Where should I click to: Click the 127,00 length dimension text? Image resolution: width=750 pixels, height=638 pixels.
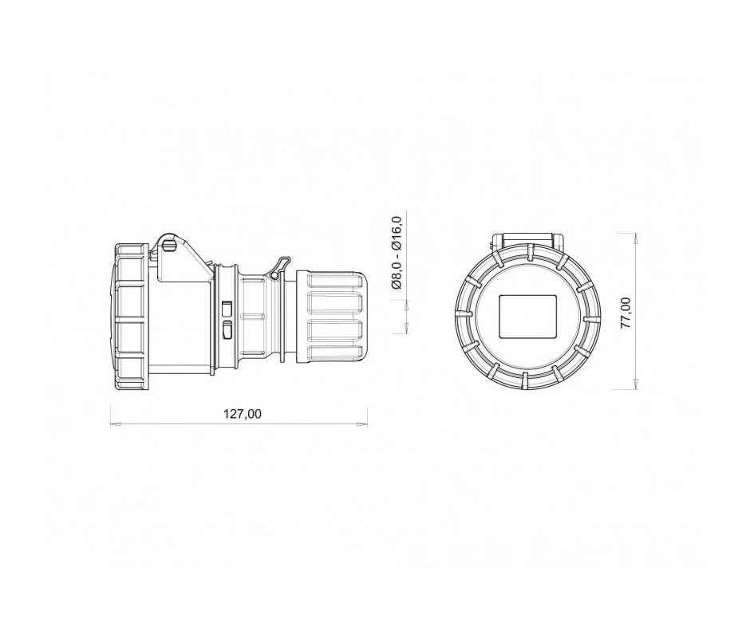(243, 414)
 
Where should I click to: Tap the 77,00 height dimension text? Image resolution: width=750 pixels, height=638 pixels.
(626, 313)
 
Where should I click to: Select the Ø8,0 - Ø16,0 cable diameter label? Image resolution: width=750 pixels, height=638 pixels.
(397, 252)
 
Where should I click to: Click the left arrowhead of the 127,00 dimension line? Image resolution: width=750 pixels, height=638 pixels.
(115, 423)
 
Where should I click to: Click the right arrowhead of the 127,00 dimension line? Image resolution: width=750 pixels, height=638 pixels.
(363, 423)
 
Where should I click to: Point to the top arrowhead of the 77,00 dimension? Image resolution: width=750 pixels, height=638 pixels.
(635, 238)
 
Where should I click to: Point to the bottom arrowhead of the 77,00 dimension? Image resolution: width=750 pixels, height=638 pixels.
(635, 384)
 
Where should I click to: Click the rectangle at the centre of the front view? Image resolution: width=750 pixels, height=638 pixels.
(528, 317)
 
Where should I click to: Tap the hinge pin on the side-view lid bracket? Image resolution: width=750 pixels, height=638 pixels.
(168, 246)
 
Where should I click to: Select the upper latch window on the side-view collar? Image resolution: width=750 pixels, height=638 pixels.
(227, 309)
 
